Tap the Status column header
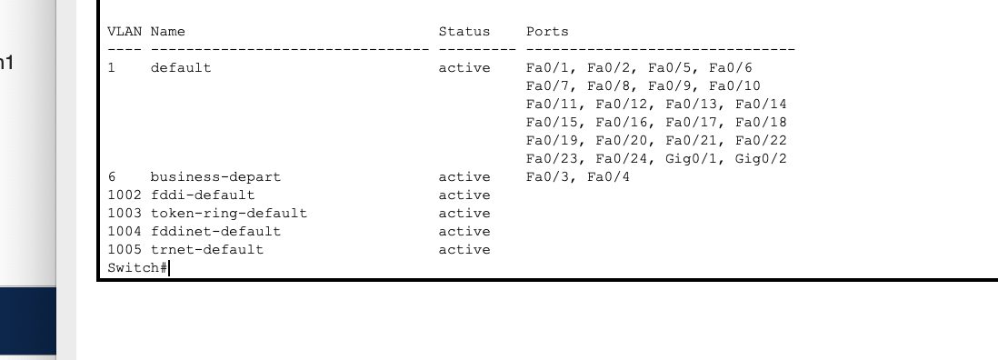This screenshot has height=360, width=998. [x=464, y=32]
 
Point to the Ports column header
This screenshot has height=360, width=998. [x=547, y=32]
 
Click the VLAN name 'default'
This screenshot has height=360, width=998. [x=180, y=68]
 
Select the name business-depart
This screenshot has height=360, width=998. [x=215, y=177]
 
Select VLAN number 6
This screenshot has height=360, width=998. [x=111, y=177]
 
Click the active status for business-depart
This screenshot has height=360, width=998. [x=464, y=177]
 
